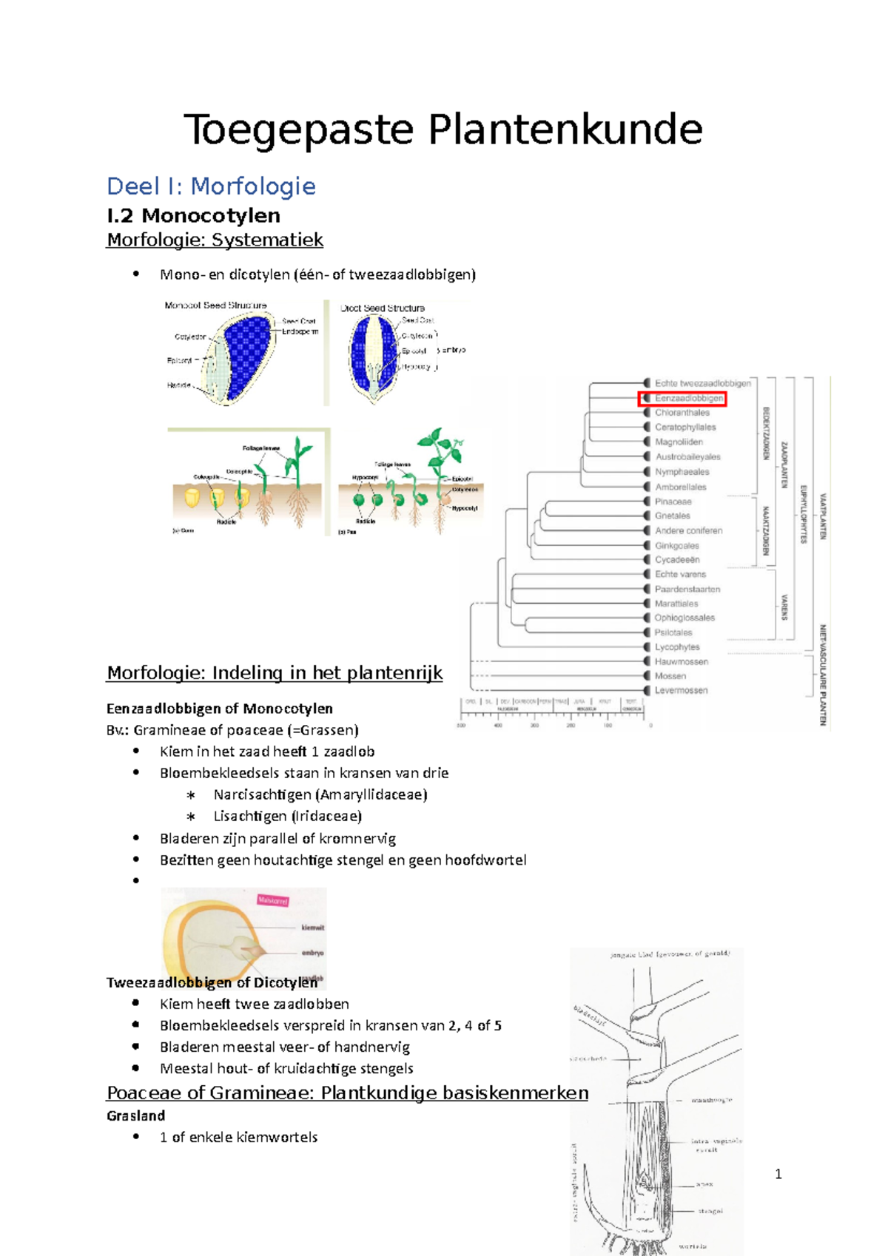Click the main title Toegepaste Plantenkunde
click(443, 130)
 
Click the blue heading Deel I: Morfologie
click(211, 186)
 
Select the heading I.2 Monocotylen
click(193, 215)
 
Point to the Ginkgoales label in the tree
click(676, 545)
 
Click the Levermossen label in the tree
click(681, 690)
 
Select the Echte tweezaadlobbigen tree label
click(702, 383)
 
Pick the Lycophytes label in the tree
click(676, 646)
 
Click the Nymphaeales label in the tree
click(682, 472)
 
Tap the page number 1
click(778, 1174)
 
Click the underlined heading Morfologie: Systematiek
click(215, 240)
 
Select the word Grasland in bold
click(135, 1115)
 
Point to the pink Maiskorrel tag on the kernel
click(272, 900)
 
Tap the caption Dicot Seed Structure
click(383, 308)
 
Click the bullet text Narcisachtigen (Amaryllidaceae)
click(320, 794)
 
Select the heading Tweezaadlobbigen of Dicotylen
click(212, 982)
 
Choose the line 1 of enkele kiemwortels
click(238, 1137)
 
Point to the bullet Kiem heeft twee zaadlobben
click(254, 1004)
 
